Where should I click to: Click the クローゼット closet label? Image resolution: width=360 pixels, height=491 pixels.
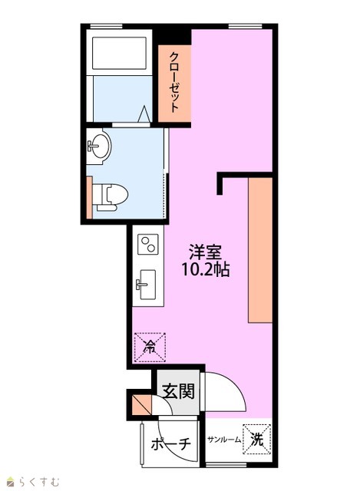(174, 82)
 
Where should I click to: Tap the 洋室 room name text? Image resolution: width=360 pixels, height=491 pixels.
(205, 252)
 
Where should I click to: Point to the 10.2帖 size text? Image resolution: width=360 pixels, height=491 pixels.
(205, 269)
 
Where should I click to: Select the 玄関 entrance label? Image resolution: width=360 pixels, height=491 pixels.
(178, 391)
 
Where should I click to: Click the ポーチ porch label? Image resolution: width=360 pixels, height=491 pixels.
(170, 443)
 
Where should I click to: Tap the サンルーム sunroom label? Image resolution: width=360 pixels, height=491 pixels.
(224, 440)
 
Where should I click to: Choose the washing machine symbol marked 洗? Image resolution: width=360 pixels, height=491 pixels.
(256, 439)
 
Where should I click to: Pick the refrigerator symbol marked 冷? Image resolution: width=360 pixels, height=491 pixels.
(150, 348)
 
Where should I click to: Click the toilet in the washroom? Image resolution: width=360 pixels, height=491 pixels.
(111, 197)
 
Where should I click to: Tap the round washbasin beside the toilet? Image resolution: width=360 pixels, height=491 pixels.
(99, 146)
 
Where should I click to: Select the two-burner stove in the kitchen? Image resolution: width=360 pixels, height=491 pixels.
(148, 244)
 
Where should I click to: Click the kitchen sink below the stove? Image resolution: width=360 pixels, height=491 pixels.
(147, 285)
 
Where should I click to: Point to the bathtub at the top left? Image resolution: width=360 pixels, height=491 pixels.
(119, 53)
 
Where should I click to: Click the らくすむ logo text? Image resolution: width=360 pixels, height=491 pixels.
(38, 481)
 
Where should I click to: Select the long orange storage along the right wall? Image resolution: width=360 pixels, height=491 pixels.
(260, 250)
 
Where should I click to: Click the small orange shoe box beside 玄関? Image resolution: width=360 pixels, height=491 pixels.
(140, 404)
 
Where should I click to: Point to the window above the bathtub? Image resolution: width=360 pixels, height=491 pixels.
(106, 26)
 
